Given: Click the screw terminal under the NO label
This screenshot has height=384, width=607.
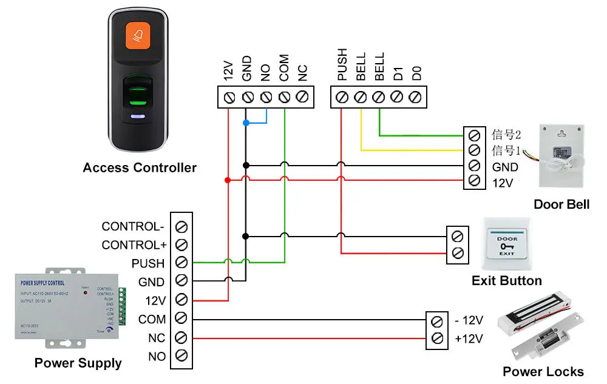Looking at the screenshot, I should [x=266, y=97].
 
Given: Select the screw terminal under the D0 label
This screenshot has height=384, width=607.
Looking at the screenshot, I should [x=415, y=97].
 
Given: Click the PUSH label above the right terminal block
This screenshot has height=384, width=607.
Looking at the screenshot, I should [x=342, y=65].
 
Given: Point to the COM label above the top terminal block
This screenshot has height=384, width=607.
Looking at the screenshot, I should [x=284, y=67].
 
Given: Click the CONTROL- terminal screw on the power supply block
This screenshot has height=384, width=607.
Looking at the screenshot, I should [x=181, y=226].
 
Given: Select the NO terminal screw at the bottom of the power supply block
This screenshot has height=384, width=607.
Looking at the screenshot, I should [x=181, y=356].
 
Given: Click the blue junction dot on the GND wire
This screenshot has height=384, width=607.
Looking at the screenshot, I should [x=246, y=123].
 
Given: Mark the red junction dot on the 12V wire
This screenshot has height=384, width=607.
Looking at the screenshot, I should [x=228, y=180].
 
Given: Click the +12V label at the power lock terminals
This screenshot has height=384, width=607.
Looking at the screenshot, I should [x=469, y=339].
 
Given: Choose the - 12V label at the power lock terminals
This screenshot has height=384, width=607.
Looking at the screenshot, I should [x=469, y=320].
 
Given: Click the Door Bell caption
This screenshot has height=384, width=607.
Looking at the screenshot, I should [x=561, y=204].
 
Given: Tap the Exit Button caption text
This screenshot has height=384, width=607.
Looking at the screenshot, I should [x=506, y=281].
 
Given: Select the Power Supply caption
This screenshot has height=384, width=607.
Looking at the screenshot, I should [x=78, y=363].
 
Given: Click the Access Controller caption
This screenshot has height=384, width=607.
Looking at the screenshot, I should [x=140, y=167].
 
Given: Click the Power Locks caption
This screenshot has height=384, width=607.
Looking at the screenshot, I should [x=543, y=372].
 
